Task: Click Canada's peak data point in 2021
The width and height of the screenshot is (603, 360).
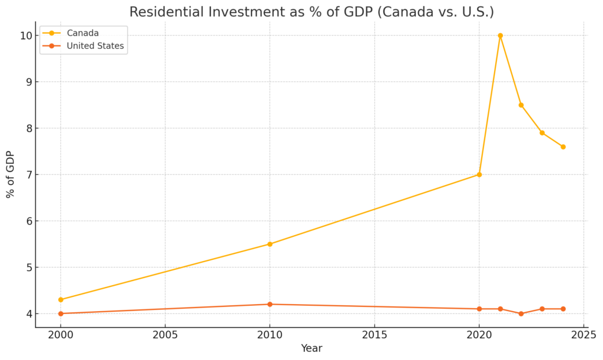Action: (500, 35)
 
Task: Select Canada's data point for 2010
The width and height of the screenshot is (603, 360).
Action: (270, 244)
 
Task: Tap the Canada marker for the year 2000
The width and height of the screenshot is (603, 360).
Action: (61, 299)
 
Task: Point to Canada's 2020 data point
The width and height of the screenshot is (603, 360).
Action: (479, 174)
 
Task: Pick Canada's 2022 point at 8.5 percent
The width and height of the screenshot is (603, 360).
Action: (521, 105)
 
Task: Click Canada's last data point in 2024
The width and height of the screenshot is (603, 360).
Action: (563, 147)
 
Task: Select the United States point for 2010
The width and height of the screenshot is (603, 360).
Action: (270, 304)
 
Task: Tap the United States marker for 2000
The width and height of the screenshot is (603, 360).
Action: (61, 313)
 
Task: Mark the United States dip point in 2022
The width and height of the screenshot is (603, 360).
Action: (521, 313)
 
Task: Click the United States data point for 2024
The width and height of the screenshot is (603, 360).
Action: (563, 309)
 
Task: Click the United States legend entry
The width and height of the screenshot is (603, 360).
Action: (95, 46)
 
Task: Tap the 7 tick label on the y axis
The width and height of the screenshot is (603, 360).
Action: (28, 174)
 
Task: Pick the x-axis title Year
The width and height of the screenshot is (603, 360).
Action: (312, 349)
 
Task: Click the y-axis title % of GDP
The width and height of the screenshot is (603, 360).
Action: (10, 174)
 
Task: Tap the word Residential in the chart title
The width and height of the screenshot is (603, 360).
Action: (165, 12)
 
